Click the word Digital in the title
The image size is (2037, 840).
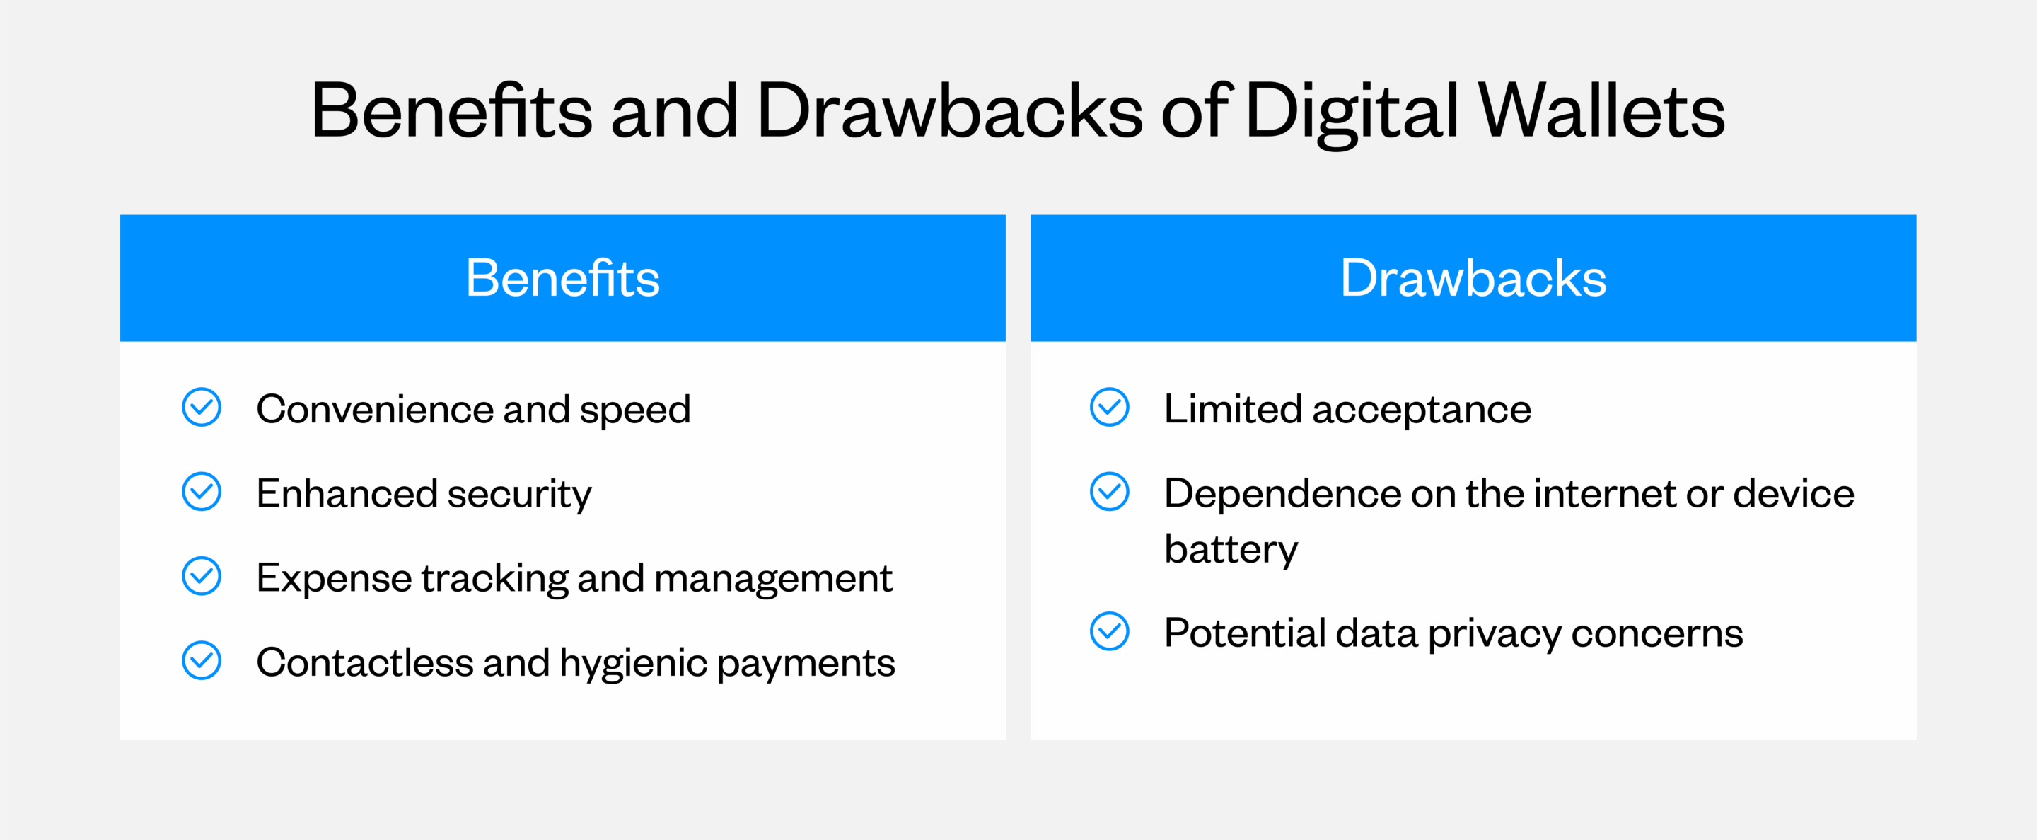tap(1352, 113)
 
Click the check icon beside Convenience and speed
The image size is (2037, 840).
tap(202, 408)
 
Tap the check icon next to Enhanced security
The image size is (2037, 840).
tap(202, 492)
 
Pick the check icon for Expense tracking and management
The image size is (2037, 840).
tap(202, 577)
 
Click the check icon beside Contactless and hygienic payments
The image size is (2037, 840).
tap(202, 660)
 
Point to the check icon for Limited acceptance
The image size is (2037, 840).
tap(1110, 408)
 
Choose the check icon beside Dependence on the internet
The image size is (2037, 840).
tap(1110, 492)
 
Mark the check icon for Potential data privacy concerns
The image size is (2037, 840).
tap(1110, 631)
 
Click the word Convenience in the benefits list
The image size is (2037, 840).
tap(374, 410)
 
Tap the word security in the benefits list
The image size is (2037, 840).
tap(518, 495)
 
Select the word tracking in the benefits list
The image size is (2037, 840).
tap(494, 579)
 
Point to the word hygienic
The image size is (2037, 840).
tap(632, 664)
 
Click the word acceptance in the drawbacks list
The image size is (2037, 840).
tap(1421, 410)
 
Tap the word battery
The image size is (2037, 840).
tap(1231, 550)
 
